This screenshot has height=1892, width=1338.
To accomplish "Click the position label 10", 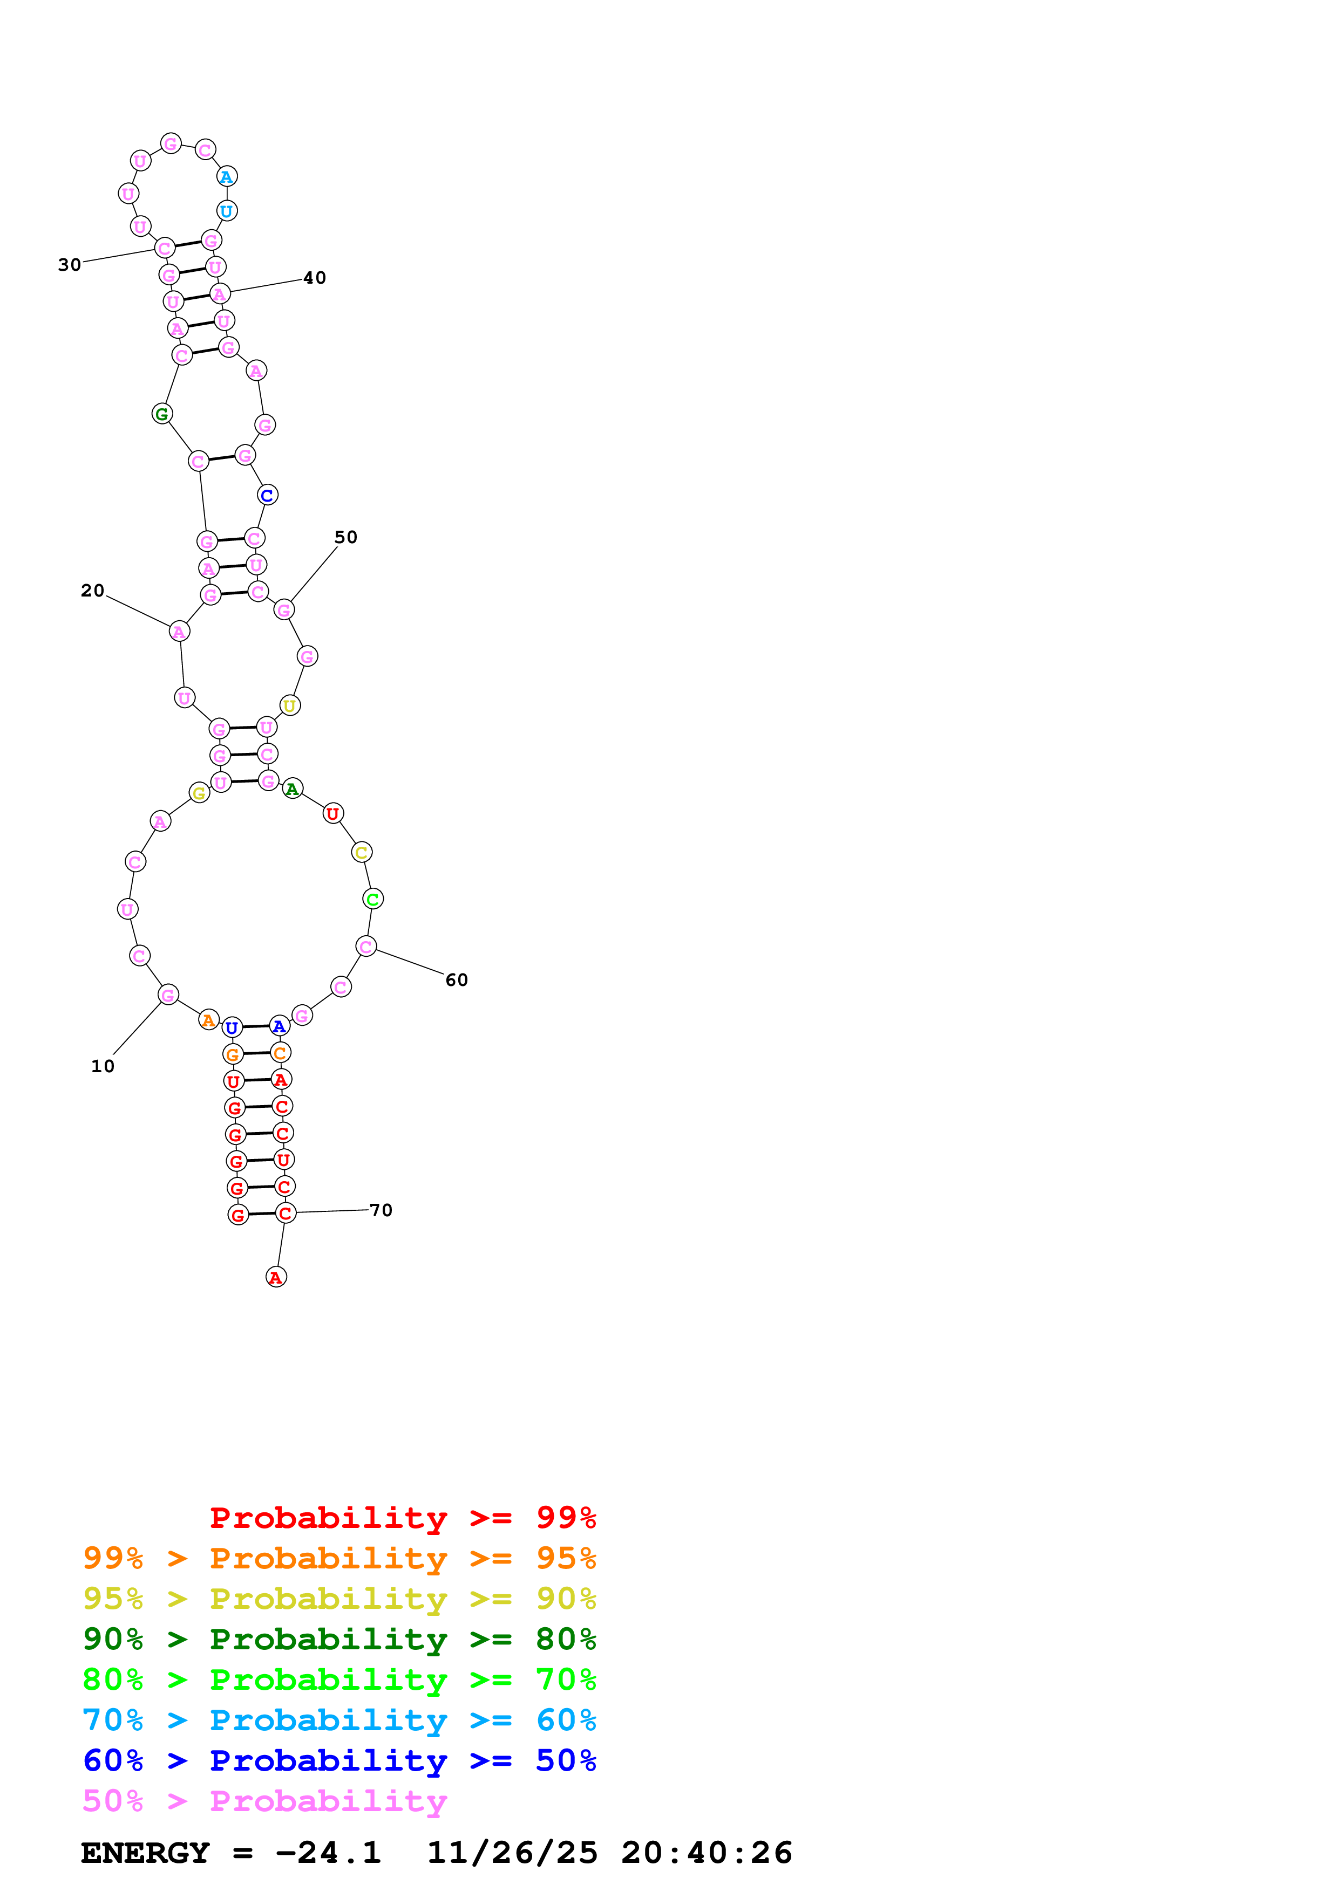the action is pos(102,1066).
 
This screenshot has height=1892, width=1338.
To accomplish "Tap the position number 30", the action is pos(69,264).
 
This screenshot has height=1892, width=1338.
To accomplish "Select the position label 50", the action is pos(345,537).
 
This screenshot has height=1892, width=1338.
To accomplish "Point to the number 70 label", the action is pos(381,1210).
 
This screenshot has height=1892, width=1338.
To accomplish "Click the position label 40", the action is pos(314,278).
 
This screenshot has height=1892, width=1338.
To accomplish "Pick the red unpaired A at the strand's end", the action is pos(276,1277).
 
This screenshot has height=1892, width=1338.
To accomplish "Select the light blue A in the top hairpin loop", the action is pos(227,176).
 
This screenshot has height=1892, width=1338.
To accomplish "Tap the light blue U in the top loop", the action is pos(227,211).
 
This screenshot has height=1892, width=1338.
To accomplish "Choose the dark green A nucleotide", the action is pos(293,789).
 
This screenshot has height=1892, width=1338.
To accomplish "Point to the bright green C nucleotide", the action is pos(372,899).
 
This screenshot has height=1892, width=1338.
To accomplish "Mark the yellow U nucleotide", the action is pos(289,705).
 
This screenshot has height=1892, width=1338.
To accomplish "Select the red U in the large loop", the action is pos(333,813).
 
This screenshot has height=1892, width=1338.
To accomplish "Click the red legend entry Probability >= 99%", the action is pos(402,1517).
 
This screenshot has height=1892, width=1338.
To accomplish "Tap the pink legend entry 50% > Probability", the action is pos(264,1800).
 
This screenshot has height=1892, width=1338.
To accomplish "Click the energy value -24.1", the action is pos(328,1853).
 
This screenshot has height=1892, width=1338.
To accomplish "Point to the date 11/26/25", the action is pos(512,1853).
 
